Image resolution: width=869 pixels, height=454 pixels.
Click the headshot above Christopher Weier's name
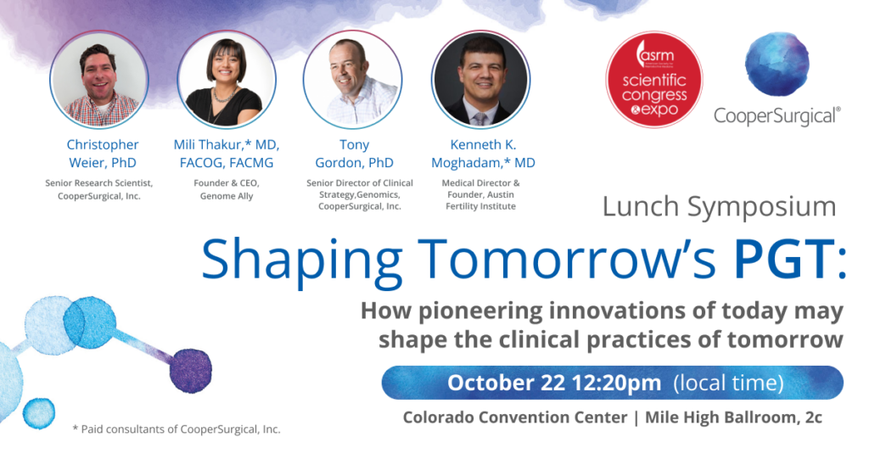(98, 79)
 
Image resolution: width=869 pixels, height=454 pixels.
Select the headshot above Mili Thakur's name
(227, 79)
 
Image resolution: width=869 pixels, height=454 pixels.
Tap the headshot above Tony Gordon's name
(352, 79)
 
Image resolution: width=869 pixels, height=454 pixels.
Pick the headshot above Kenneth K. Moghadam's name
(480, 79)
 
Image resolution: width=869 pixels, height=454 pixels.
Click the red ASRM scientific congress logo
(654, 79)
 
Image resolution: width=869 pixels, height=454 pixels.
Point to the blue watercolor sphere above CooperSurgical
(777, 64)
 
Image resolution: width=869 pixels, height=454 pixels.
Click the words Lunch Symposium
(720, 207)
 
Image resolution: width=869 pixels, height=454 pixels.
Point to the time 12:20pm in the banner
(617, 383)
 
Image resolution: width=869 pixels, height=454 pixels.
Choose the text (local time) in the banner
(728, 383)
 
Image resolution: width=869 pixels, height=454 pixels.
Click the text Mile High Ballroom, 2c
(734, 418)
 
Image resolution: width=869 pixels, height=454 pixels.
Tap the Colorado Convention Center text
(515, 418)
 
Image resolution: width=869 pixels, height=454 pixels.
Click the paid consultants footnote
(177, 429)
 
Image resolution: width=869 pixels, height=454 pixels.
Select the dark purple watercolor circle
(191, 371)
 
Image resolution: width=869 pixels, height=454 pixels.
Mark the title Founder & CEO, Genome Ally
(227, 189)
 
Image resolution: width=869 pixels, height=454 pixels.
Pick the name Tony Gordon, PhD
(354, 154)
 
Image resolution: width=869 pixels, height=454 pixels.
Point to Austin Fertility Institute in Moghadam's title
(480, 200)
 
